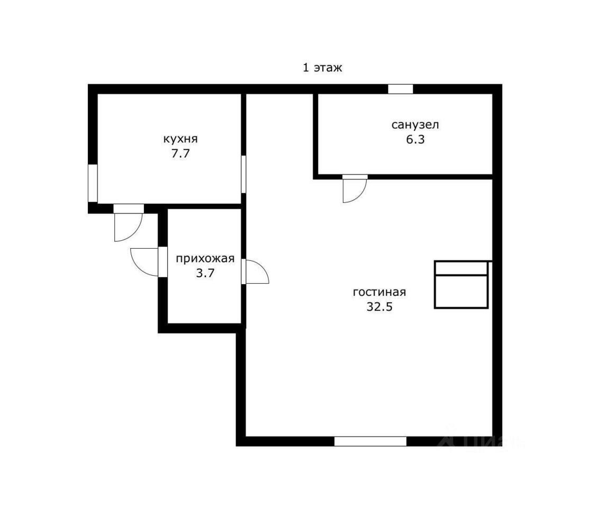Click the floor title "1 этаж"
[x=322, y=68]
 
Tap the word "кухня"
[x=180, y=139]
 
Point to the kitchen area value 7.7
[x=180, y=153]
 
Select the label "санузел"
[x=415, y=125]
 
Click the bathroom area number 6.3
[x=415, y=139]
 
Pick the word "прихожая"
[x=205, y=259]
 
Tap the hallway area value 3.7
[x=205, y=273]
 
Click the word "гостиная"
[x=379, y=292]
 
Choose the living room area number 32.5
[x=379, y=307]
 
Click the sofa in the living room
[x=461, y=285]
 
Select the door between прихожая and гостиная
[x=255, y=271]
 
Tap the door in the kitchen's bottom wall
[x=128, y=222]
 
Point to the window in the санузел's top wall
[x=401, y=89]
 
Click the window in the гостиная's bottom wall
[x=370, y=441]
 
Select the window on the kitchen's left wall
[x=93, y=183]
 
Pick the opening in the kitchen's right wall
[x=243, y=174]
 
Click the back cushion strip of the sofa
[x=461, y=268]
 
